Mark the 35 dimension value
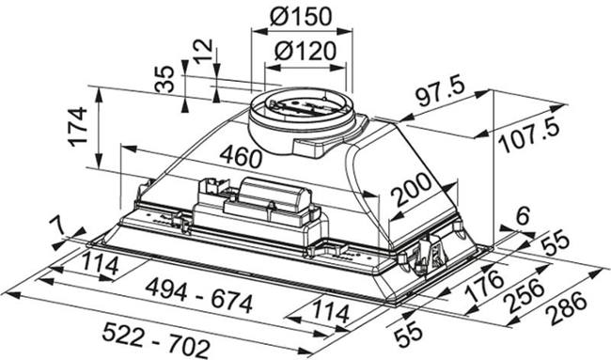tap(165, 80)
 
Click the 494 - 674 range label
tap(195, 303)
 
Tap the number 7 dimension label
tap(58, 225)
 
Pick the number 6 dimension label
tap(521, 216)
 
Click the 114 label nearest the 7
tap(97, 265)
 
